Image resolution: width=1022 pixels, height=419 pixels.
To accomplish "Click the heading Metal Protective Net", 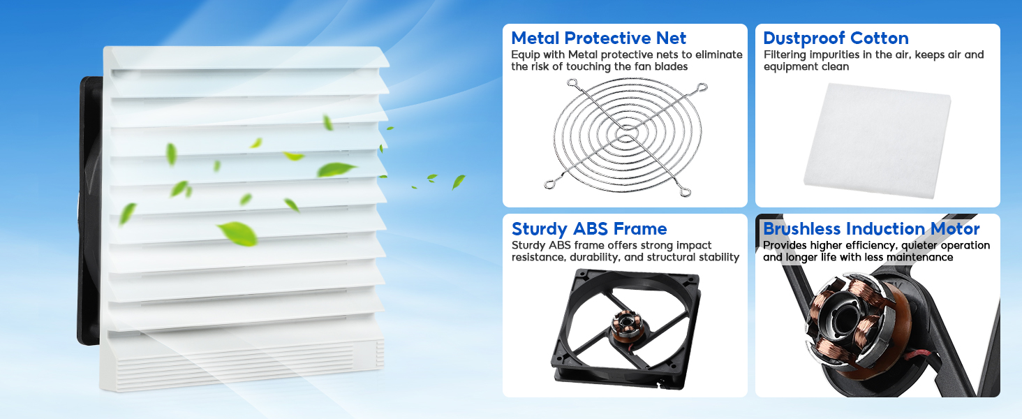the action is click(598, 38).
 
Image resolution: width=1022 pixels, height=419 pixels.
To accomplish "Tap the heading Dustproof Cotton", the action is click(836, 38).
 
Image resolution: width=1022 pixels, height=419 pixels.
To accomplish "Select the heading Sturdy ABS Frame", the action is click(589, 229).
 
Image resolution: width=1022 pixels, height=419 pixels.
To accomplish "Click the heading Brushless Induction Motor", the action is click(871, 229).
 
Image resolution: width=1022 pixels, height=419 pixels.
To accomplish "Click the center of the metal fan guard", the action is click(625, 134).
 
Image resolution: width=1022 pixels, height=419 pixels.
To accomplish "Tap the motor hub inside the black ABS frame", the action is click(623, 323).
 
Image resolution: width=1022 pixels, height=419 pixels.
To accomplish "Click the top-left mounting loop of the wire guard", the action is click(573, 84).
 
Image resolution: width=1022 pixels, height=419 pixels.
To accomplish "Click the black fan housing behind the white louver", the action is click(90, 209).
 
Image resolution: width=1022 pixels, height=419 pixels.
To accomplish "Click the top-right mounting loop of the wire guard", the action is click(700, 88).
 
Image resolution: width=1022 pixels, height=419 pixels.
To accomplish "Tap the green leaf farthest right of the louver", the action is click(458, 182).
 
